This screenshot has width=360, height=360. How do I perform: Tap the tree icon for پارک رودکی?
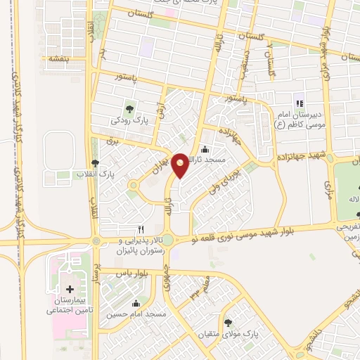[x=129, y=108]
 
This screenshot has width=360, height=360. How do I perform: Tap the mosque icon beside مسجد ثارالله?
[x=205, y=149]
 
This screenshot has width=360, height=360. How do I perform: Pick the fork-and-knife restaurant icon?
[x=141, y=229]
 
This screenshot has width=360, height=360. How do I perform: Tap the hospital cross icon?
[x=69, y=289]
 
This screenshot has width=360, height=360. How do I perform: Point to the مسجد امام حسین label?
[x=136, y=314]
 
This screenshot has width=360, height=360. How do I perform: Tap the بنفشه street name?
[x=58, y=58]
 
